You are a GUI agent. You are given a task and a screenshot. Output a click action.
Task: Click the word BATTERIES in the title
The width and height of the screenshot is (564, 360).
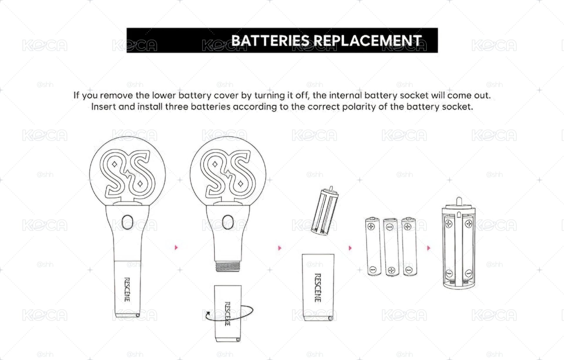coord(270,41)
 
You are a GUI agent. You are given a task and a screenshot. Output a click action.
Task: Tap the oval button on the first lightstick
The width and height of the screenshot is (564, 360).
coord(127,222)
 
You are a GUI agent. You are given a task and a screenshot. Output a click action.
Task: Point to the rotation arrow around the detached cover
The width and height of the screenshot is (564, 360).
coord(229,314)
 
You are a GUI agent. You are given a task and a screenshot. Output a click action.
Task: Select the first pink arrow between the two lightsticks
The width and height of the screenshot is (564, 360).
coord(176,247)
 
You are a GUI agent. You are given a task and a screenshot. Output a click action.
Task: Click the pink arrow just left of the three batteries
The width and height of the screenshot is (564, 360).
coord(350,248)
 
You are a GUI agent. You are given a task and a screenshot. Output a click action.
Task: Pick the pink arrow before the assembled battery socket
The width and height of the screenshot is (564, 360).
coord(429,248)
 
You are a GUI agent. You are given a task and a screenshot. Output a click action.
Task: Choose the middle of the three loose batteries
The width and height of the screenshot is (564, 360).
coord(391,247)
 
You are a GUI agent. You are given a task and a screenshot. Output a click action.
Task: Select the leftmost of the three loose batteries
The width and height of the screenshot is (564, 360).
coord(373,247)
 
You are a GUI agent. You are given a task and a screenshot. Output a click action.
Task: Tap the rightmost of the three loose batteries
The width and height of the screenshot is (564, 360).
coord(409,247)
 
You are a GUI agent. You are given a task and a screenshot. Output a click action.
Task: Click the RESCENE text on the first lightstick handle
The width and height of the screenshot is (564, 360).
coord(127,289)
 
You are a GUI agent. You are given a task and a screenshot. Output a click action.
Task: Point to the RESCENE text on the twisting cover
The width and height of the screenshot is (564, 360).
coord(227,314)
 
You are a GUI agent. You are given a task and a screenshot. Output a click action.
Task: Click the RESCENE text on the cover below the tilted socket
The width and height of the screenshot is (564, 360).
coord(318,288)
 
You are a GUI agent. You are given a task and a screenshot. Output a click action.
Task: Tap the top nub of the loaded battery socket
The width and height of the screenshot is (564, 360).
coord(459,201)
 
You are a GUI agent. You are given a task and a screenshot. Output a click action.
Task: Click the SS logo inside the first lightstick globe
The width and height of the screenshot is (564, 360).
coord(127,174)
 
